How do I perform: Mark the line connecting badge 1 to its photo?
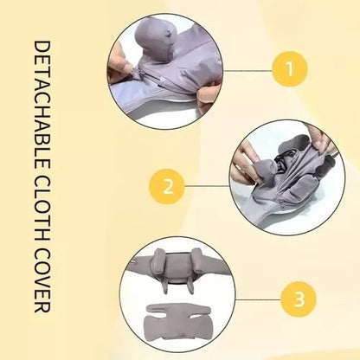(x=243, y=66)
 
